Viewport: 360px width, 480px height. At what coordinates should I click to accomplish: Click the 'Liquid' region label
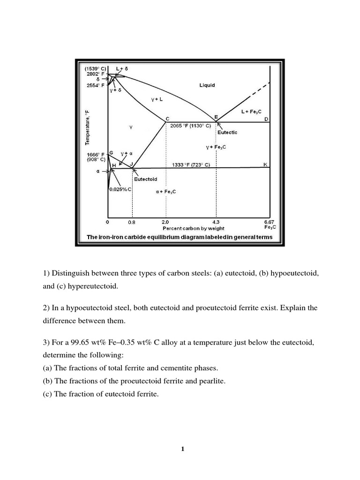click(x=207, y=85)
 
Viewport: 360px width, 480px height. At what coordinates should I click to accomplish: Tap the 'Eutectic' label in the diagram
click(x=228, y=133)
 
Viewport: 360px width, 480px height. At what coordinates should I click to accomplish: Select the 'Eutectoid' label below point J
click(x=146, y=180)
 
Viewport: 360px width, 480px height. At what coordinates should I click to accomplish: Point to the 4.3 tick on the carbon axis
click(x=216, y=221)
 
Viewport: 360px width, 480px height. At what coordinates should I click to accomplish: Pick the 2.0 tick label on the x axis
click(x=165, y=221)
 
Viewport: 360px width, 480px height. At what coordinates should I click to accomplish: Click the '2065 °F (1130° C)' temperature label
click(x=191, y=126)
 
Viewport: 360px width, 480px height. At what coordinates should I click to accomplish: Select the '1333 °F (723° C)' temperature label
click(x=191, y=165)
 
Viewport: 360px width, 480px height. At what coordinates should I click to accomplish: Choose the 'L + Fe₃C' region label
click(x=252, y=112)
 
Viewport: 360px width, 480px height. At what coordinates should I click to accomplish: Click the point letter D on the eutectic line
click(x=266, y=119)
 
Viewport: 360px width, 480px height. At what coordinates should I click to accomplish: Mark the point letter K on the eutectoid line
click(x=265, y=164)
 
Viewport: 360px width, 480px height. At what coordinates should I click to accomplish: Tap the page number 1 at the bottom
click(x=183, y=449)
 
